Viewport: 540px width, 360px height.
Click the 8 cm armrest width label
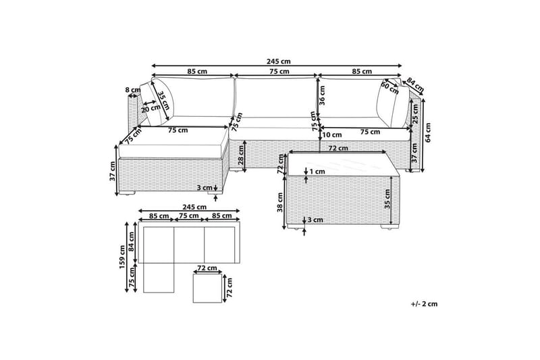coord(133,90)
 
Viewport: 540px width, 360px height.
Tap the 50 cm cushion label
coord(389,86)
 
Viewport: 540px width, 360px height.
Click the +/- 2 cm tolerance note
coord(423,304)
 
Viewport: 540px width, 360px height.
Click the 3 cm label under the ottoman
coord(203,188)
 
